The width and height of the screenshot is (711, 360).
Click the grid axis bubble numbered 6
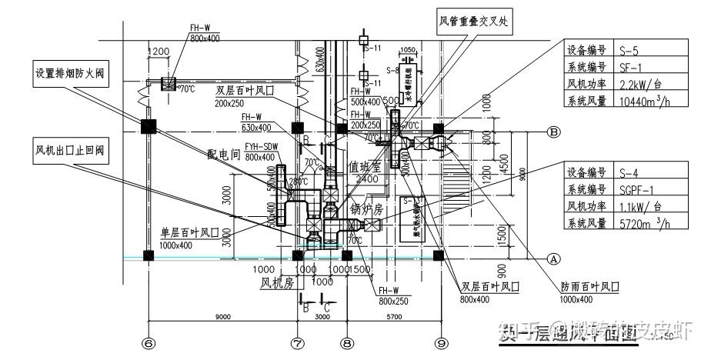149,344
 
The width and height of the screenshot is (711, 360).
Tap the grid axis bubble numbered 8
347,344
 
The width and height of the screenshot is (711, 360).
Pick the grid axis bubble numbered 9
440,344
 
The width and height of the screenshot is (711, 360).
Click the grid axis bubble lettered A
552,259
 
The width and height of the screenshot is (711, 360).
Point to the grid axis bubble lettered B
552,132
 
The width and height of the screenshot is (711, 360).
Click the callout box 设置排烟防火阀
69,75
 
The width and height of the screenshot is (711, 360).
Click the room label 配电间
224,154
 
